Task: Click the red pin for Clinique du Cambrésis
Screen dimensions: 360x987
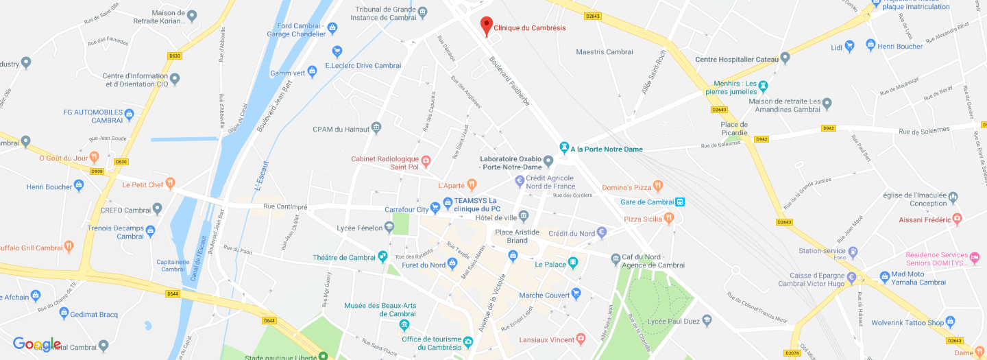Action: [x=486, y=25]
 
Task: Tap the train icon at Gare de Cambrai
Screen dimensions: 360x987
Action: [x=680, y=202]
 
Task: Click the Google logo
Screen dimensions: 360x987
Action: [x=37, y=344]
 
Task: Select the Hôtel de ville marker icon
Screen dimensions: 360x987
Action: [x=524, y=217]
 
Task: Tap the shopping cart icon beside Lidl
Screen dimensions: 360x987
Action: [x=850, y=47]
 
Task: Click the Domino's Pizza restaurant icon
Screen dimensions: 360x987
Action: [x=657, y=185]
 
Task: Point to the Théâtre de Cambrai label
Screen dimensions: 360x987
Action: [x=344, y=257]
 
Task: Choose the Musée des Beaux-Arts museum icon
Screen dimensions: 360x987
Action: [x=404, y=324]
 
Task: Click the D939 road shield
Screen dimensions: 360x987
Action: [x=97, y=171]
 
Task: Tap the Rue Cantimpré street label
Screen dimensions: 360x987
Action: [x=286, y=206]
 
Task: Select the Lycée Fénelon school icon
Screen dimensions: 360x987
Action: [x=389, y=226]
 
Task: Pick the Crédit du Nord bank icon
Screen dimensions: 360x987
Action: [x=602, y=232]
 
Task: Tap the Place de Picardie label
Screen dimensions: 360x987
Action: [x=734, y=128]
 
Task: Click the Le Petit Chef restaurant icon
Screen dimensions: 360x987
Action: [x=170, y=183]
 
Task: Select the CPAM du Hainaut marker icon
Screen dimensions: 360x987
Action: [x=376, y=128]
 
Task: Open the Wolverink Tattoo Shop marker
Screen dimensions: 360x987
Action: [x=950, y=322]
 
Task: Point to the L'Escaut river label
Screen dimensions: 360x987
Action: [x=260, y=177]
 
